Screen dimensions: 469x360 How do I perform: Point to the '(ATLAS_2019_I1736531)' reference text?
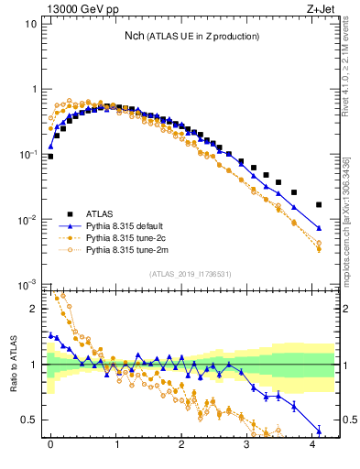[x=189, y=273]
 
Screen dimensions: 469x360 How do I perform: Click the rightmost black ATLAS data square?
[x=319, y=204]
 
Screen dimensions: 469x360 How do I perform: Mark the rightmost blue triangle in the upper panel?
[x=319, y=228]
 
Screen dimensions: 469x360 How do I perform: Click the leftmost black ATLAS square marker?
[x=50, y=157]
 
